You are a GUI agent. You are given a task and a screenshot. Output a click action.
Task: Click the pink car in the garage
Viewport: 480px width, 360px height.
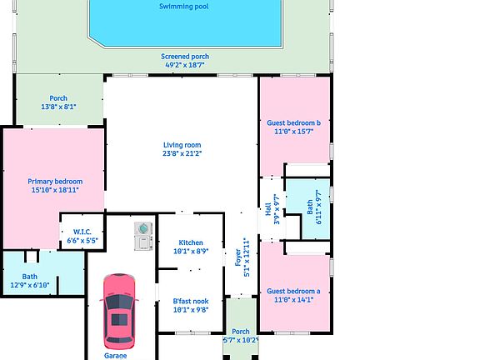tap(118, 310)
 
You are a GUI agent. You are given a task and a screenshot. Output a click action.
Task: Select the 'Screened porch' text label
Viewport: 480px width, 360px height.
tap(186, 57)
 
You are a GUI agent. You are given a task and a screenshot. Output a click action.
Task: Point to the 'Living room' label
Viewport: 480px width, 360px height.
tap(182, 145)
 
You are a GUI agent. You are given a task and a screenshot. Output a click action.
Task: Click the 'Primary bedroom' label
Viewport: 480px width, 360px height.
tap(55, 181)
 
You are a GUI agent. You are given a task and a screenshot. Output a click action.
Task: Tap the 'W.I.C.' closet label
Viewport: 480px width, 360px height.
tap(82, 232)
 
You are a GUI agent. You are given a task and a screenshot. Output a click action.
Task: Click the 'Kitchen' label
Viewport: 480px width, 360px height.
tap(191, 242)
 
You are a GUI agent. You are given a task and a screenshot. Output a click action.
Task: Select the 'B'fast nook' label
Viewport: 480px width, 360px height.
tap(190, 301)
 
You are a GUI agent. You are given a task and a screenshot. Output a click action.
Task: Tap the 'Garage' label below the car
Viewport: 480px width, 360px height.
tap(115, 356)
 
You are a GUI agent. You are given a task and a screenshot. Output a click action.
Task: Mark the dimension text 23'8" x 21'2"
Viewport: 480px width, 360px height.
tap(182, 153)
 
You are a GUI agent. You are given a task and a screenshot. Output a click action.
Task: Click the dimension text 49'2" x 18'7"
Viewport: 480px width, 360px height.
tap(186, 65)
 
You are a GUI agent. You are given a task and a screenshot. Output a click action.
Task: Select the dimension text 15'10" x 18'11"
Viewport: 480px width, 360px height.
tap(55, 190)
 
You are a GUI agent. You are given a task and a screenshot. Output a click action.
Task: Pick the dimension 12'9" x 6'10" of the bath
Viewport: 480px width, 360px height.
tap(30, 285)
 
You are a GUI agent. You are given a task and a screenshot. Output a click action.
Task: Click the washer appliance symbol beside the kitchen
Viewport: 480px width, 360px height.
tap(144, 227)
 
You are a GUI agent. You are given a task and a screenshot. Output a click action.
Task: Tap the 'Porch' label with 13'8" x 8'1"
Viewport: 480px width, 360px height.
tap(58, 98)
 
